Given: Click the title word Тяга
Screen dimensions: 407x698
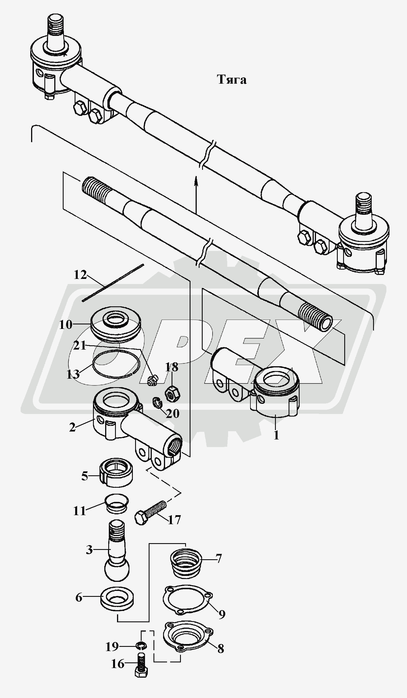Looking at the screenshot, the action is pos(232,80).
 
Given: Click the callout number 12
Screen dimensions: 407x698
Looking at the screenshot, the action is pos(80,275).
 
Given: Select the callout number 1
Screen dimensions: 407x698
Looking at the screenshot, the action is pos(276,435).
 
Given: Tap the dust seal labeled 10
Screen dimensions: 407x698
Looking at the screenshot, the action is pos(116,323).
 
